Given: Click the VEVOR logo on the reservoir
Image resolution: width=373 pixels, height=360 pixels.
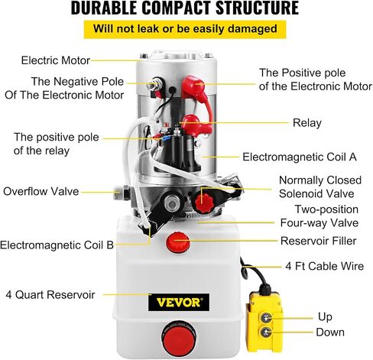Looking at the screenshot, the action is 179,302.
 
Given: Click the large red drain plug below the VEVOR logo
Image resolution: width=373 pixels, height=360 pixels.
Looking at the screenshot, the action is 179,337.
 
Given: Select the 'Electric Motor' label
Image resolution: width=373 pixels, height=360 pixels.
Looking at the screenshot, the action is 56,60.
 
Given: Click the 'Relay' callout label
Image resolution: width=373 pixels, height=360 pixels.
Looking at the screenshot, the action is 307,123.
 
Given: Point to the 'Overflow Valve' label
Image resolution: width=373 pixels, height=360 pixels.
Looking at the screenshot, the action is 41,191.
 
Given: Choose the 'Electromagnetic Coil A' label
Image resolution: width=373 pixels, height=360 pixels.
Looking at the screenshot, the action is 300,157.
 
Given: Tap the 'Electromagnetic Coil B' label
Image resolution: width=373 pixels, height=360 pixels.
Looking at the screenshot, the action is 57,245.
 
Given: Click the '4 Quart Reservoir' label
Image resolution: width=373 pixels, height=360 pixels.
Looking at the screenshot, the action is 50,294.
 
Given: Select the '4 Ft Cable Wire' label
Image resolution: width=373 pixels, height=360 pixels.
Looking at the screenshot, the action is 324,266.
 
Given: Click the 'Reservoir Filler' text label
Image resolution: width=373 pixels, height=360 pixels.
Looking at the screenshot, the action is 318,241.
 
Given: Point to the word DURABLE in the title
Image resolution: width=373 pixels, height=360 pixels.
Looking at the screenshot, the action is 104,8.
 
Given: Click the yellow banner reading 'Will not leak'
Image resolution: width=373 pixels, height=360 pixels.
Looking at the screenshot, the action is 185,29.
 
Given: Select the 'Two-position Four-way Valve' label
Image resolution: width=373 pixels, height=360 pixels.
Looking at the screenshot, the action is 319,216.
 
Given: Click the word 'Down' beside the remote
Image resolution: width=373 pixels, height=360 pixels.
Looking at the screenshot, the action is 330,332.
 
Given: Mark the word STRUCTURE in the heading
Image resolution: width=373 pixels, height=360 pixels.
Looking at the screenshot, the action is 257,8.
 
